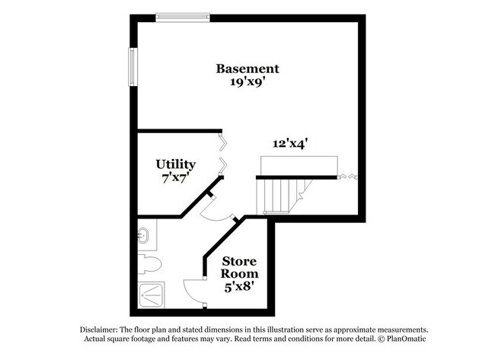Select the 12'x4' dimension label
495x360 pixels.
pyautogui.click(x=290, y=142)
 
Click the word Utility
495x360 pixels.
pyautogui.click(x=176, y=164)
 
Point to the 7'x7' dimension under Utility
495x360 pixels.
pyautogui.click(x=176, y=177)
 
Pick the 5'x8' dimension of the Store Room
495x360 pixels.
pyautogui.click(x=240, y=287)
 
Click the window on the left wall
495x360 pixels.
pyautogui.click(x=133, y=68)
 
